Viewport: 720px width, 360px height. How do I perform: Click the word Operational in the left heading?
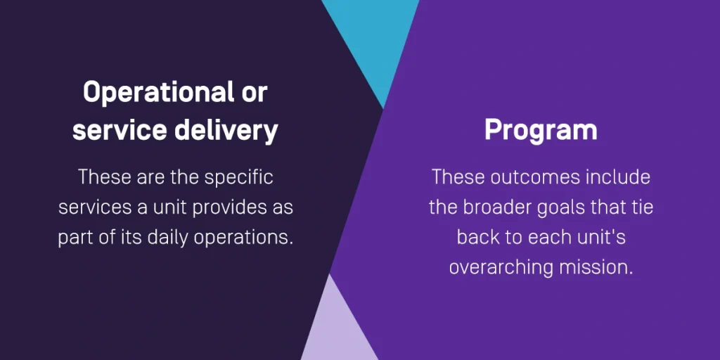(155, 94)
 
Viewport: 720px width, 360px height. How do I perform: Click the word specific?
(239, 178)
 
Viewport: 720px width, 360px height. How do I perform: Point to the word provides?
(227, 207)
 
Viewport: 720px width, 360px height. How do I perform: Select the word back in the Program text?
(477, 238)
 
